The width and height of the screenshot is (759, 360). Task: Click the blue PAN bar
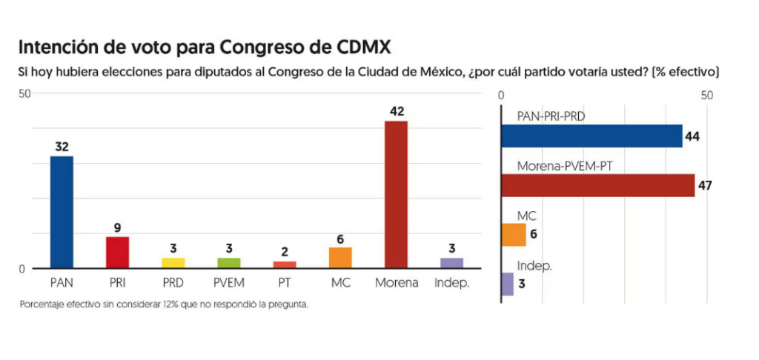click(62, 212)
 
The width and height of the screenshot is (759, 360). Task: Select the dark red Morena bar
click(396, 194)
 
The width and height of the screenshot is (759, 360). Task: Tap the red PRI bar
click(117, 252)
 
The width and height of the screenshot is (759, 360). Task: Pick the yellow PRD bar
click(173, 263)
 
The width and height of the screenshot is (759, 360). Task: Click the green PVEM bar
click(229, 263)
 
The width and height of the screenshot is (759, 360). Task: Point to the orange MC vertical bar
click(340, 258)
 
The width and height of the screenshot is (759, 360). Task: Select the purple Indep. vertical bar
click(452, 263)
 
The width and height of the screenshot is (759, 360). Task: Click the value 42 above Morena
click(396, 111)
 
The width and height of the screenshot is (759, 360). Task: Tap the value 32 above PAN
click(62, 147)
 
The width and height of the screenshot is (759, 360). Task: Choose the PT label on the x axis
click(285, 283)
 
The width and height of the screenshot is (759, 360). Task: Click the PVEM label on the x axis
click(229, 283)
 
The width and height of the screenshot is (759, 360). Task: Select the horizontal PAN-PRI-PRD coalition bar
click(591, 136)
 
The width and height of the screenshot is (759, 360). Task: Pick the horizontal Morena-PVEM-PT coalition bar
click(597, 185)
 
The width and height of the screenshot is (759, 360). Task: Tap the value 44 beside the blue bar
click(693, 136)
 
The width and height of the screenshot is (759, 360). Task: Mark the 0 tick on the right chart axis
click(502, 96)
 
